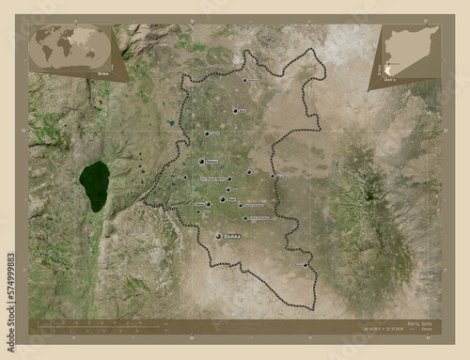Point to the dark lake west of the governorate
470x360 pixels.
[x=94, y=185]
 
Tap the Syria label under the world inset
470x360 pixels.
[x=92, y=69]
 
